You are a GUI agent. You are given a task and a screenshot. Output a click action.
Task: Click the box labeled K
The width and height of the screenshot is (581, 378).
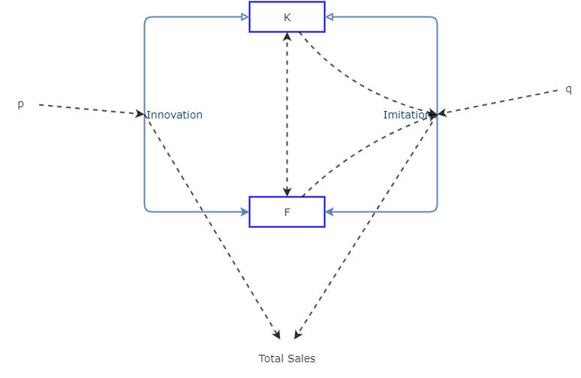point(287,17)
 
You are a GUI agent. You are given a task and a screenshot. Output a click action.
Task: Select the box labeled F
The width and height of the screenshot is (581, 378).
point(287,212)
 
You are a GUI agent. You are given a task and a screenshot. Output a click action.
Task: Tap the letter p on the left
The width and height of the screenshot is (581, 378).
point(21,104)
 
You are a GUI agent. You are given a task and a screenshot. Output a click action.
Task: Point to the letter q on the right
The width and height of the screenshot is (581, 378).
point(568,89)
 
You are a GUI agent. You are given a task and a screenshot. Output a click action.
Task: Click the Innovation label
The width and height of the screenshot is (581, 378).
point(174,115)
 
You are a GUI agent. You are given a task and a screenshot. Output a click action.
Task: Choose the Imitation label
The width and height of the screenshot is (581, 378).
point(406,115)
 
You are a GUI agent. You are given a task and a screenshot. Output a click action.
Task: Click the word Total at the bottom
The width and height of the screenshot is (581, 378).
point(271,358)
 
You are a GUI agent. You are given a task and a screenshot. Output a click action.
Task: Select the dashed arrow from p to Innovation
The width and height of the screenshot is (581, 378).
point(90,109)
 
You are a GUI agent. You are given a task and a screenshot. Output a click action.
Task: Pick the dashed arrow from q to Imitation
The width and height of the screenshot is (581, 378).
point(503,101)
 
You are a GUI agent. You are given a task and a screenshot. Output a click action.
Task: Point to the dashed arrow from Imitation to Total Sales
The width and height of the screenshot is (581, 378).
point(366,225)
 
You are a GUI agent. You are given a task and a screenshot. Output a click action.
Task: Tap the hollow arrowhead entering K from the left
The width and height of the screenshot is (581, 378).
point(245,17)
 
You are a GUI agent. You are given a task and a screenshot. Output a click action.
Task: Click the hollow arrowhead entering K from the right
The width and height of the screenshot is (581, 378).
point(330,17)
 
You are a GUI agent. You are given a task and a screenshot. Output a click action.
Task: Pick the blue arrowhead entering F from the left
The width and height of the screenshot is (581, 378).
point(245,212)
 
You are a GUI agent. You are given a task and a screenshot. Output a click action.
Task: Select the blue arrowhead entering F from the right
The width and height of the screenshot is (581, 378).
point(330,212)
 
